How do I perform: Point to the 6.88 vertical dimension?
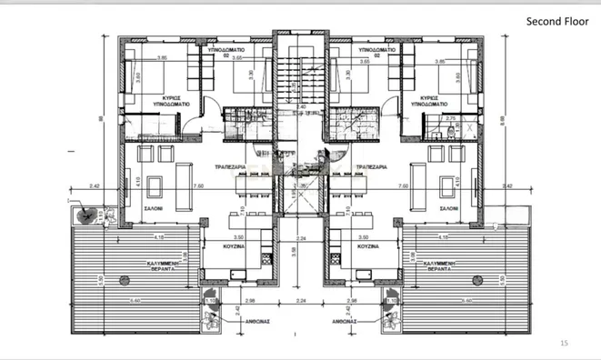(503, 120)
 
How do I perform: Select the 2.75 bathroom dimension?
(448, 117)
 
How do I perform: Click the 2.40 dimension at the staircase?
(300, 106)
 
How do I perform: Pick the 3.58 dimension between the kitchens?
(292, 249)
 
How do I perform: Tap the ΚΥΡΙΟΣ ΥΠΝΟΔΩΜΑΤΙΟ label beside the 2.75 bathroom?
(430, 100)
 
